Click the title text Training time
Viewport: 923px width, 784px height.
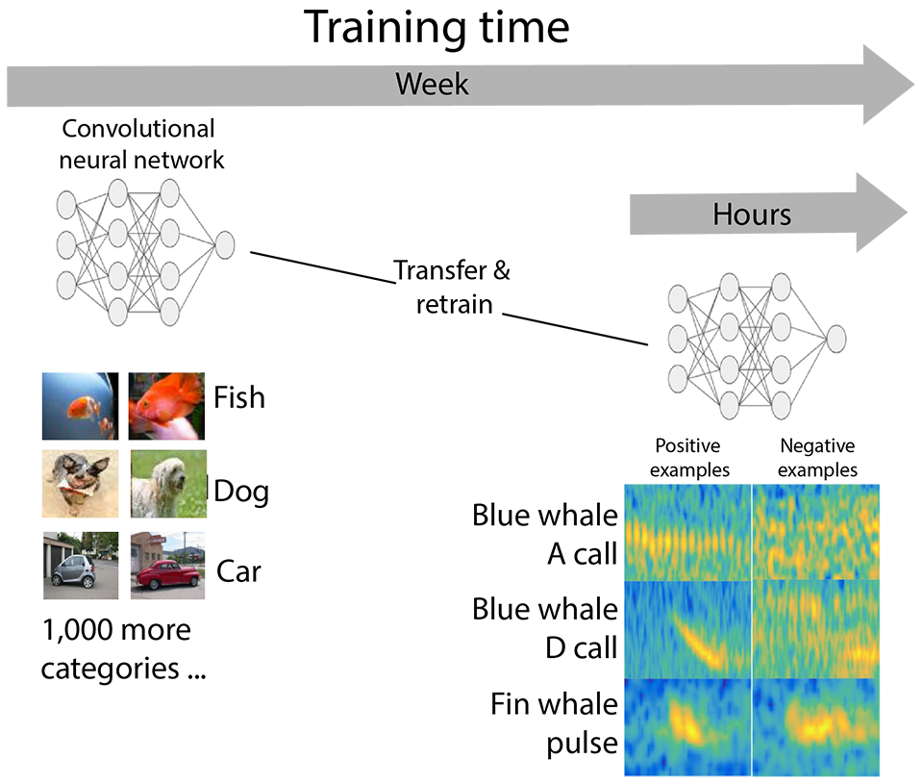pos(437,28)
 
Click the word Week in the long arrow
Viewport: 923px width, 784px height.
pos(432,84)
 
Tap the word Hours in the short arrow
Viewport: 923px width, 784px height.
pos(752,215)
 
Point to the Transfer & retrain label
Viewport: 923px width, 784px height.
pos(453,288)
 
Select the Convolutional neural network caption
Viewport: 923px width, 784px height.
pos(140,144)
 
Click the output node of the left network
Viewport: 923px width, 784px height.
pos(225,245)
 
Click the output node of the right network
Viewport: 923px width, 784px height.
pos(836,340)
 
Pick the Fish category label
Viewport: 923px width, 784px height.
pos(239,397)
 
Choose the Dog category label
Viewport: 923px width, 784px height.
pos(241,492)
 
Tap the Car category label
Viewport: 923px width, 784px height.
pos(238,571)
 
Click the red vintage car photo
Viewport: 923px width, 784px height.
pos(167,566)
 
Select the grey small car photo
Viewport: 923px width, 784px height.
pos(81,566)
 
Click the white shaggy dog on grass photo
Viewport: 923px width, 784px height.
pos(168,484)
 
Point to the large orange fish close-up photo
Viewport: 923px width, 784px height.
pos(166,407)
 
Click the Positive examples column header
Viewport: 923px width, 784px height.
pos(689,458)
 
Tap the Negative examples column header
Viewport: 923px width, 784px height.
pos(817,458)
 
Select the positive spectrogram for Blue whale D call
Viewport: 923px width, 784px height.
pos(687,629)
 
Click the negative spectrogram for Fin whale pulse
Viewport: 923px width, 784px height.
pos(816,727)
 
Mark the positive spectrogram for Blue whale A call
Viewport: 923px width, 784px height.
pos(687,532)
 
